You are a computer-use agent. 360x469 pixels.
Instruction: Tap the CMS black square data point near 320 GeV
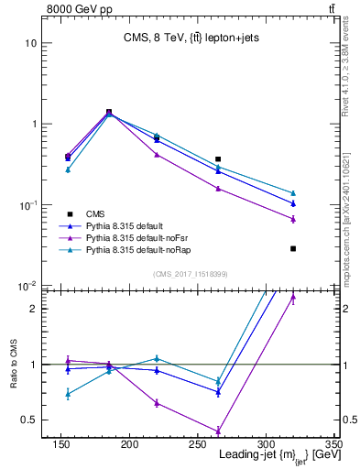coord(293,248)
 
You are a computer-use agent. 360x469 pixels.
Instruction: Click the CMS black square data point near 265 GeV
coord(218,159)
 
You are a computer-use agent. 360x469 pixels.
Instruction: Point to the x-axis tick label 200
coord(129,444)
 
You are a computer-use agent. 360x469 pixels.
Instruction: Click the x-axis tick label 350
coord(333,444)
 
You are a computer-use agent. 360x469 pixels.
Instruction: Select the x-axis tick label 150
coord(61,444)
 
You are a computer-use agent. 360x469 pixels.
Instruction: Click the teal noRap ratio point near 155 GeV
coord(68,394)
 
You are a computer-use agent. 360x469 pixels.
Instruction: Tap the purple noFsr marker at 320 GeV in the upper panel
coord(293,220)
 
